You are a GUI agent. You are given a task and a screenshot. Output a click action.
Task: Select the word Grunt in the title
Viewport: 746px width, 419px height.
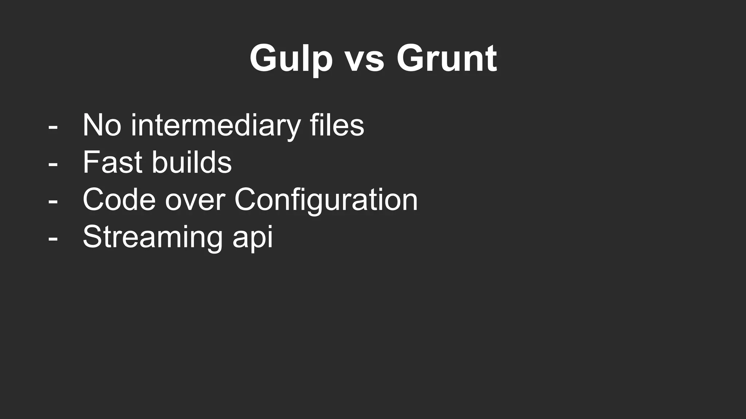(447, 58)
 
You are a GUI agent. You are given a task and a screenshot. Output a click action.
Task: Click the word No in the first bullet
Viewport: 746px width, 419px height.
(102, 125)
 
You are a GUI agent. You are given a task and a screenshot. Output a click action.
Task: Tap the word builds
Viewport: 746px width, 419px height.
(192, 162)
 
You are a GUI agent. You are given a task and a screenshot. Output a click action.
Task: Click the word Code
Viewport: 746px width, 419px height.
(119, 200)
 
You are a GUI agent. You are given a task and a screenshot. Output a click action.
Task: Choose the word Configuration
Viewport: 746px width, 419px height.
(326, 200)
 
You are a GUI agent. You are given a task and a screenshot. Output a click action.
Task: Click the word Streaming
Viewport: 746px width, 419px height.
(152, 238)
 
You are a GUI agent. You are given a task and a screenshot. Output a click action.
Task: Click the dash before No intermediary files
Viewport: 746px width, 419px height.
(53, 127)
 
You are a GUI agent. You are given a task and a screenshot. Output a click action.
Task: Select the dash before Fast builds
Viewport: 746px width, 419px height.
(53, 164)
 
